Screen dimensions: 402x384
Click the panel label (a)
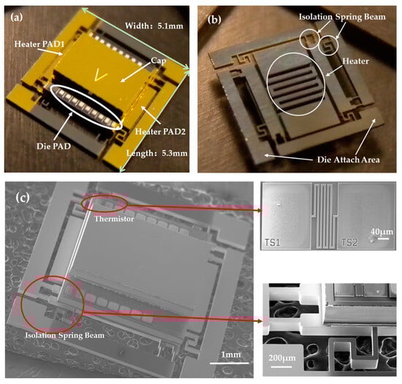tap(16, 18)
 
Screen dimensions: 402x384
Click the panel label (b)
tap(214, 20)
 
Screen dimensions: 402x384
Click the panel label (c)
tap(23, 197)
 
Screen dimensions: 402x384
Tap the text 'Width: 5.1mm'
tap(154, 26)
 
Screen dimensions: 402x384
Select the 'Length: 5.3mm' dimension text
tap(157, 154)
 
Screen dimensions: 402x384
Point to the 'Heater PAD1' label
tap(39, 44)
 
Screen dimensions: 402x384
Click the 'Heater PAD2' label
tap(160, 132)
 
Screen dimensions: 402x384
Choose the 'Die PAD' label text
tap(53, 146)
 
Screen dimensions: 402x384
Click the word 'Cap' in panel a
tap(159, 61)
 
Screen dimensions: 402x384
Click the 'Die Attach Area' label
tap(349, 159)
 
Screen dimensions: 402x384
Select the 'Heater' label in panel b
tap(356, 61)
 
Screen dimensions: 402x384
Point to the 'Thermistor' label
tap(114, 219)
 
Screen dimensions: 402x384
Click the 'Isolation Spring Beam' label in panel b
tap(342, 17)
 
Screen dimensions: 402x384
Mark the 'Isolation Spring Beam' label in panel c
tap(65, 336)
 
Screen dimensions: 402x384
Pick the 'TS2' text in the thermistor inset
tap(349, 242)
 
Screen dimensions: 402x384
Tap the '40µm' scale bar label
tap(382, 232)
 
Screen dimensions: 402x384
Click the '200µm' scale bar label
tap(282, 358)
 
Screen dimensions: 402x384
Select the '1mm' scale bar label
tap(231, 355)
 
